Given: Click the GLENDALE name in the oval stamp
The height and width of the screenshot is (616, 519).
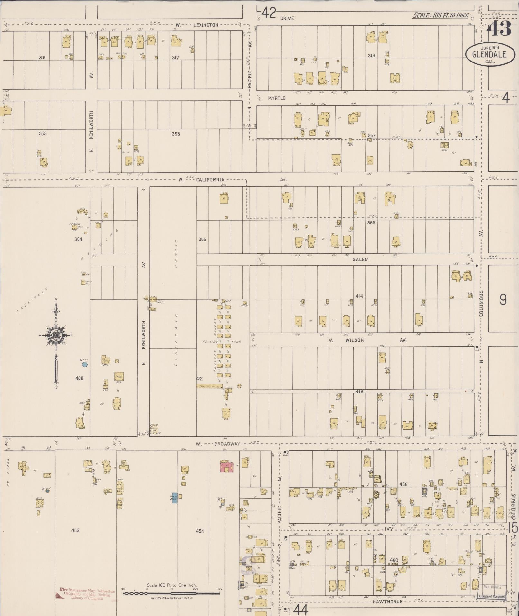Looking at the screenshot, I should click(x=489, y=54).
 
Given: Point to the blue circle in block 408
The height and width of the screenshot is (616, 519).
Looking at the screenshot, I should click(x=85, y=365).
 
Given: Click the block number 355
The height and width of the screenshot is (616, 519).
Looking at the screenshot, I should click(x=176, y=134).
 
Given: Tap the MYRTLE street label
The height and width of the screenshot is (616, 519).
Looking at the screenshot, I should click(x=277, y=98).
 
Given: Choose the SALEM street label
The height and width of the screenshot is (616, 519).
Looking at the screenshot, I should click(x=360, y=259).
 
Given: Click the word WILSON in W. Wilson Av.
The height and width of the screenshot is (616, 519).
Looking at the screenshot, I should click(x=355, y=340).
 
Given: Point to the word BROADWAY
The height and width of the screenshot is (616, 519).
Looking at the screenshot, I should click(x=227, y=444).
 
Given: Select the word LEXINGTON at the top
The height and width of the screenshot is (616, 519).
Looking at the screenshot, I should click(x=206, y=25).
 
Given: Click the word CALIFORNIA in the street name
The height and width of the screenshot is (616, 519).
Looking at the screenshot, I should click(x=209, y=180).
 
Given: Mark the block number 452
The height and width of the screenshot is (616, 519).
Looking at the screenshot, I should click(x=75, y=530).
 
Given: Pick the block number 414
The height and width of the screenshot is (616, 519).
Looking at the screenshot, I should click(x=359, y=296).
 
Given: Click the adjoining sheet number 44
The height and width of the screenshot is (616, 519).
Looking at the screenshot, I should click(x=301, y=609).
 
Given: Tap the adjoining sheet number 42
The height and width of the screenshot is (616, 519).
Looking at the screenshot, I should click(x=269, y=14).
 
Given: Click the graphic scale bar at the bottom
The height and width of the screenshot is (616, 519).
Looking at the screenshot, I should click(x=171, y=592).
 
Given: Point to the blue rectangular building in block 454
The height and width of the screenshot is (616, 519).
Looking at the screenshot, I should click(x=175, y=498).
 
